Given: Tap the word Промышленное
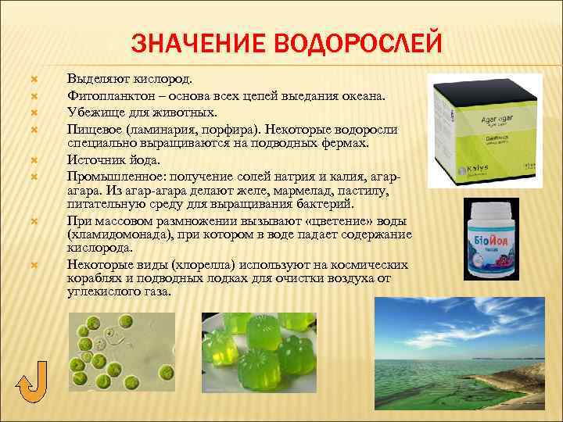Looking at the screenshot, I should coord(112,177).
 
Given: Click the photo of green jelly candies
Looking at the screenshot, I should coord(261,351).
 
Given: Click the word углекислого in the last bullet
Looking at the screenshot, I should coord(109,291).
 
